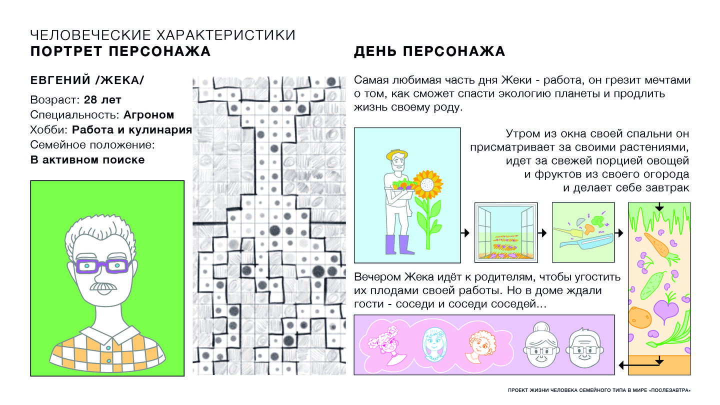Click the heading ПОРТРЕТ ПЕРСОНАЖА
tap(120, 51)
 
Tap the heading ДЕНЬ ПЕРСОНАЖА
tap(429, 51)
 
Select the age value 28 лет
tap(102, 99)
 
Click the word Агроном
tap(149, 115)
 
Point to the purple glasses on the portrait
tap(102, 266)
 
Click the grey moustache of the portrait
tap(103, 286)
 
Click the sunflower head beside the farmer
tap(427, 185)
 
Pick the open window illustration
tap(506, 232)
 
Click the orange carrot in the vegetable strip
tap(660, 248)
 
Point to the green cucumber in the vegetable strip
tap(653, 285)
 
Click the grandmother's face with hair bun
tap(541, 345)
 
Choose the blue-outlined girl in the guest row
tap(434, 344)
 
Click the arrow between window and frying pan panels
tap(542, 232)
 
